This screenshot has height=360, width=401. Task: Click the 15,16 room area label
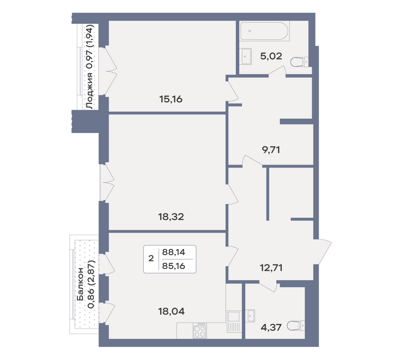click(x=171, y=99)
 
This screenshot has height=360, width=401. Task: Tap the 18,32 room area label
click(x=171, y=217)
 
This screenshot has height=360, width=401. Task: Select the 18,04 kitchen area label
click(x=171, y=311)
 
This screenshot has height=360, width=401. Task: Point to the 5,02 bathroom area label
click(x=271, y=56)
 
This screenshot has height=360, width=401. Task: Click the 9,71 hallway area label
click(x=271, y=150)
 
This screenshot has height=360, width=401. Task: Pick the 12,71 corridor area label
click(x=271, y=268)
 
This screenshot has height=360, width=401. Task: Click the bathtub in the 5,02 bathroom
click(x=264, y=31)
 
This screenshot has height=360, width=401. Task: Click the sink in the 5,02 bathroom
click(x=246, y=56)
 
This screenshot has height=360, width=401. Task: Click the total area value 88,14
click(x=173, y=252)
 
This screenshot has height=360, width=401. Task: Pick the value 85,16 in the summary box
click(x=173, y=266)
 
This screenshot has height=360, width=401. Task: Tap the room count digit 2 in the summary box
click(x=151, y=258)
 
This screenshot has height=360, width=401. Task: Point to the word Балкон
click(x=80, y=284)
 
